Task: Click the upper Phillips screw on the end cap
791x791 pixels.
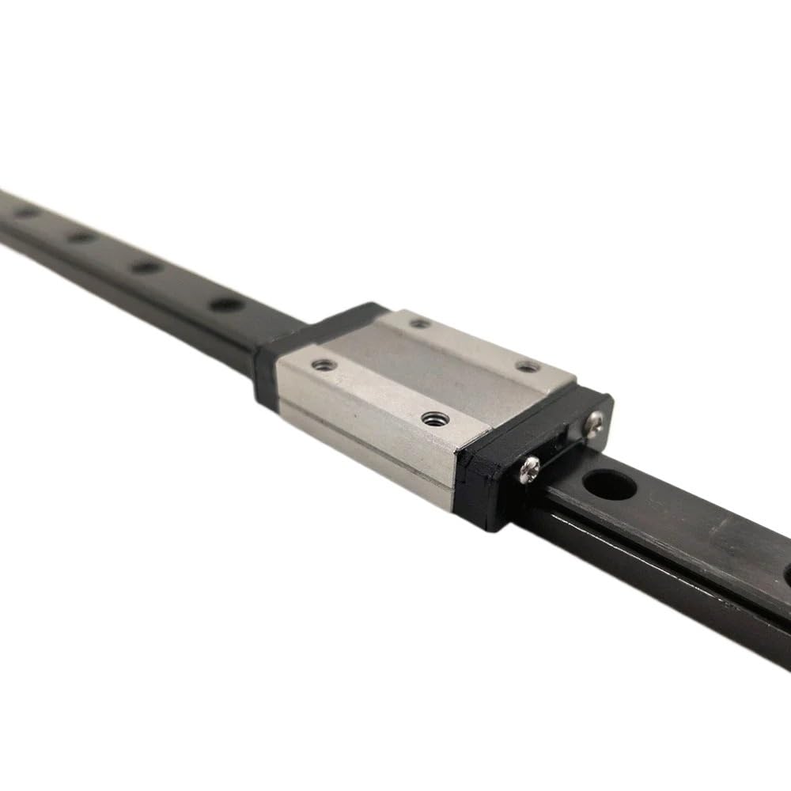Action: [x=594, y=424]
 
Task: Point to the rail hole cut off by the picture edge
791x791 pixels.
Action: [x=786, y=573]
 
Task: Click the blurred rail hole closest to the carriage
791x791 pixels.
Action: [x=227, y=304]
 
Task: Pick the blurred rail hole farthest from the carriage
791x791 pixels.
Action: [x=28, y=212]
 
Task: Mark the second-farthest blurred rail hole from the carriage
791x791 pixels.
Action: [x=81, y=237]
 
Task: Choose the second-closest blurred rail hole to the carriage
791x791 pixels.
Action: [x=146, y=267]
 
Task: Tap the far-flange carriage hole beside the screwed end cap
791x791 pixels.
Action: [x=528, y=366]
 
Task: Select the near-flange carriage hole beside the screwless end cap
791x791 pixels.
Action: [x=323, y=365]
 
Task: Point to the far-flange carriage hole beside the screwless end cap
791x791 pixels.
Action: [x=420, y=323]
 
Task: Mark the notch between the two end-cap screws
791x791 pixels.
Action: [x=563, y=443]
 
